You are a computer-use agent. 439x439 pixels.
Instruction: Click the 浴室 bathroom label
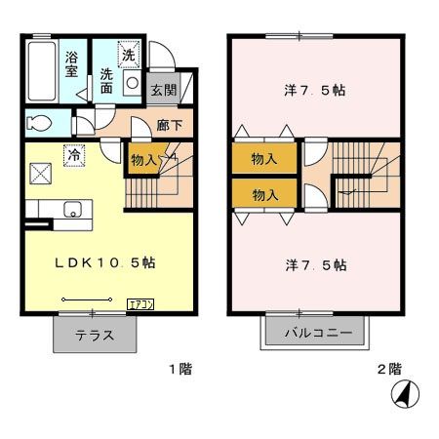[72, 63]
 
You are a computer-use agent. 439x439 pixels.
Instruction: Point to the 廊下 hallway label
[170, 124]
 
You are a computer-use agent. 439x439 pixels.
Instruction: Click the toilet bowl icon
[40, 124]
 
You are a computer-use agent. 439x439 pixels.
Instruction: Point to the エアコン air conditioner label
[141, 302]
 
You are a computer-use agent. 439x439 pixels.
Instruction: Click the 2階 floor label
[388, 371]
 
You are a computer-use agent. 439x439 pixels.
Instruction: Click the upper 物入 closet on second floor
[264, 159]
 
